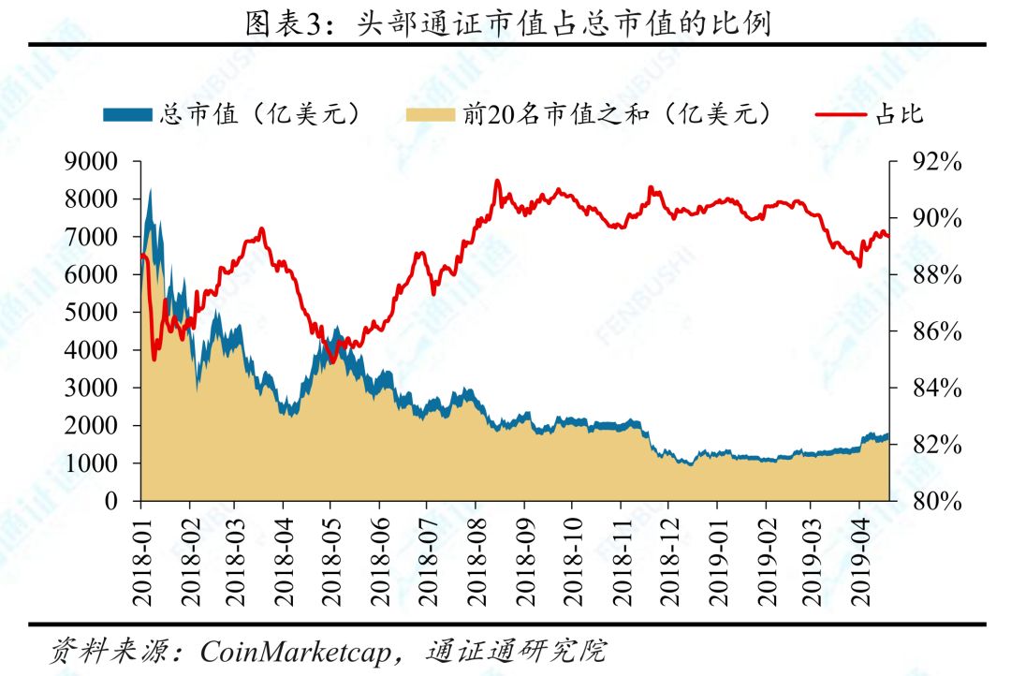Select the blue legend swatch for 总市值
click(126, 114)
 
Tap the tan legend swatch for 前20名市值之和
click(432, 114)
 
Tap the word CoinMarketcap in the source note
click(294, 651)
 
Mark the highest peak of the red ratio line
click(497, 181)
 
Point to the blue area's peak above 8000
click(150, 190)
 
